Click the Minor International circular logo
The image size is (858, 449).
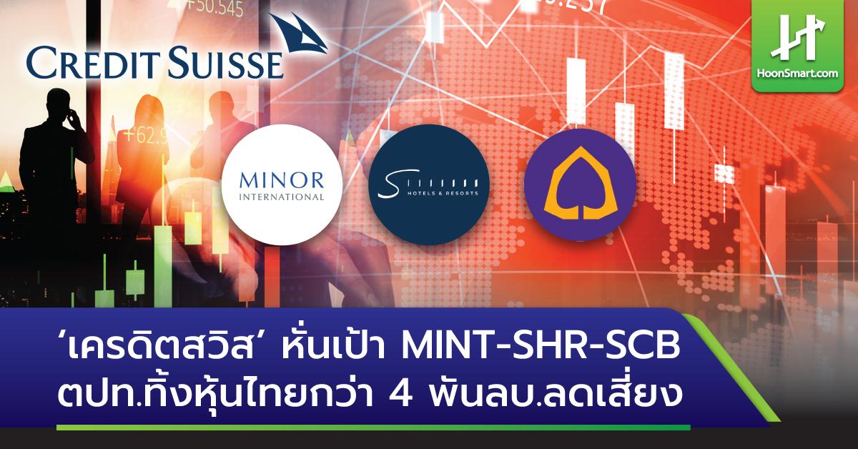point(282,185)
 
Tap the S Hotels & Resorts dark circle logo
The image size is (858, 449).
point(430,185)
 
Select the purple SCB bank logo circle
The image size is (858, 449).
point(580,185)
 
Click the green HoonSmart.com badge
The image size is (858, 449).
point(804,44)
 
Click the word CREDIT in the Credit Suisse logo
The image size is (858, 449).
point(90,63)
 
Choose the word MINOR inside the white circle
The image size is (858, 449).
point(282,179)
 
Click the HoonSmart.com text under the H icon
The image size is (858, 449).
point(804,73)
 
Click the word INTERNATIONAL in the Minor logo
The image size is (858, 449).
point(282,196)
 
